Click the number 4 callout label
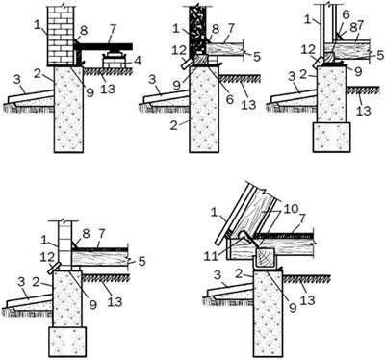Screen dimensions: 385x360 coord(138,61)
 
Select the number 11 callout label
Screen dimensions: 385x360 coord(212,256)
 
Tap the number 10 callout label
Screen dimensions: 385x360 coord(291,209)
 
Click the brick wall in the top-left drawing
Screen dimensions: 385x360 coord(61,36)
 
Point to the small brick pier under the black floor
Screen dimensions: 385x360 coord(113,61)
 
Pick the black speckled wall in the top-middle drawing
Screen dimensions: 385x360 coord(196,31)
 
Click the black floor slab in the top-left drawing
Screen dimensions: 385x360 coord(105,46)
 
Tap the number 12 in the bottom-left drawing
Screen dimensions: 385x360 coord(46,258)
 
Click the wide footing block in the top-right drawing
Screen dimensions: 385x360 coord(331,137)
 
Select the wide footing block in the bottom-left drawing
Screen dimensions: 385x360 coord(67,341)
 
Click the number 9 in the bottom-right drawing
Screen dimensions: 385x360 coord(293,308)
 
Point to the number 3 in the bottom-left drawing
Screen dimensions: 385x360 coord(21,282)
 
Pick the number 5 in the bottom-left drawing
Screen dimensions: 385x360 coord(141,261)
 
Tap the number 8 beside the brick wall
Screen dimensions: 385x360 coord(84,31)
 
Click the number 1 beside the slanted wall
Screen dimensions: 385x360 coord(214,213)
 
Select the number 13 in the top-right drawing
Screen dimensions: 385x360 coord(363,111)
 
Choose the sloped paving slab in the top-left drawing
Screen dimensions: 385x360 coord(31,96)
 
